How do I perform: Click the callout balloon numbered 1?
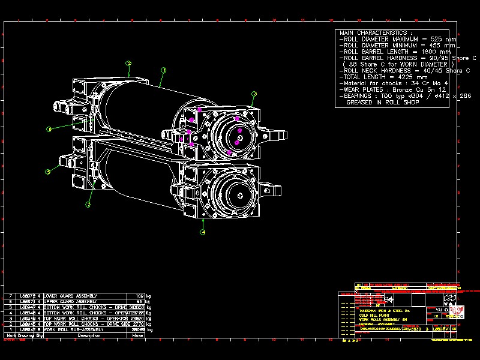pyautogui.click(x=163, y=70)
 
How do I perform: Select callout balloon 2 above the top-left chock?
pyautogui.click(x=128, y=63)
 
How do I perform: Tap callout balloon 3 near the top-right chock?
pyautogui.click(x=254, y=94)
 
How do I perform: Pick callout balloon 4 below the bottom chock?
pyautogui.click(x=203, y=232)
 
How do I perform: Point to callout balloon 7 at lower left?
pyautogui.click(x=88, y=205)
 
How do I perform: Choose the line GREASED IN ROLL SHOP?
pyautogui.click(x=382, y=103)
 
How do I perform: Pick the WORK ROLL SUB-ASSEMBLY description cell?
pyautogui.click(x=72, y=329)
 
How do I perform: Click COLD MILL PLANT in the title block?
pyautogui.click(x=373, y=315)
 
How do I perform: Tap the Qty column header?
pyautogui.click(x=40, y=335)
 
